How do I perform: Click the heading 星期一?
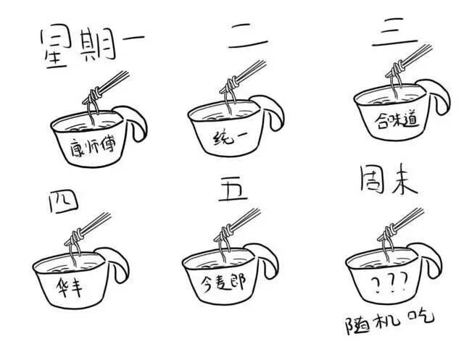(92, 46)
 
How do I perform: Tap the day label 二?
(247, 36)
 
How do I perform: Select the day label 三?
(394, 32)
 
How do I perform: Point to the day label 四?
(63, 201)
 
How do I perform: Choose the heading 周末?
(389, 180)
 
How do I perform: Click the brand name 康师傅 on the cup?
(93, 147)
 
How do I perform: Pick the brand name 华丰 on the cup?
(69, 287)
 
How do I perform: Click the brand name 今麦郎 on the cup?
(223, 282)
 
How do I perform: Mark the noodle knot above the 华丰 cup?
(76, 236)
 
